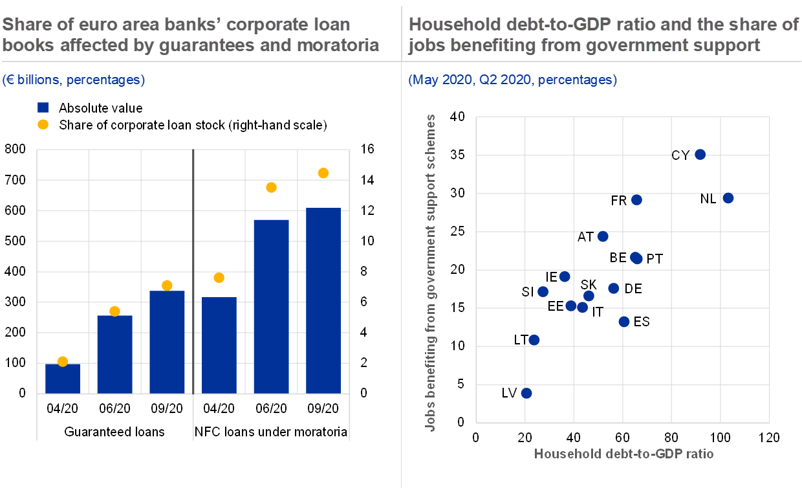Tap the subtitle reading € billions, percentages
[73, 80]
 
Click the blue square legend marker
[43, 107]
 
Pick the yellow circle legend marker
[43, 124]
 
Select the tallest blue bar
[323, 300]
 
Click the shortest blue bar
[63, 378]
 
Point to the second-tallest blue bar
[271, 306]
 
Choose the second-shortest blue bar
[114, 354]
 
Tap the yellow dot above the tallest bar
[323, 173]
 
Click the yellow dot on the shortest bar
[63, 362]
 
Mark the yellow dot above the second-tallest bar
[271, 187]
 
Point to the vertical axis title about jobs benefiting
[431, 273]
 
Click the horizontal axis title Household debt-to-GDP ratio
[623, 454]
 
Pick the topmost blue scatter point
[700, 154]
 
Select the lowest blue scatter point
[526, 393]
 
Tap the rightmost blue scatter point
[728, 198]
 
